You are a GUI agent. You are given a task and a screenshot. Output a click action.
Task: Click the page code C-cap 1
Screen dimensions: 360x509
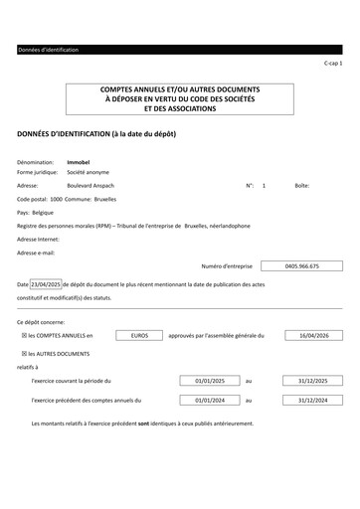click(x=333, y=63)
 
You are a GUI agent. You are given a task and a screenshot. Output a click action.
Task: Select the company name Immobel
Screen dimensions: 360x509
click(x=78, y=161)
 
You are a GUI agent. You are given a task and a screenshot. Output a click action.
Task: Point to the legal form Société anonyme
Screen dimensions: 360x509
click(x=89, y=172)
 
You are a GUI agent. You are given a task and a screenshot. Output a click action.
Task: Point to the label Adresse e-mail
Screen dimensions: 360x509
click(x=36, y=253)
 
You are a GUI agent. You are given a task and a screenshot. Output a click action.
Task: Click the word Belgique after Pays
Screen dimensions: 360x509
click(x=43, y=213)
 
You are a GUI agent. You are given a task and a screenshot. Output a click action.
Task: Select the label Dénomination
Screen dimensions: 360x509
click(x=35, y=161)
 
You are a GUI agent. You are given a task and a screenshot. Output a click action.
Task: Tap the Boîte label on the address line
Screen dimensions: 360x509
click(x=302, y=186)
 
